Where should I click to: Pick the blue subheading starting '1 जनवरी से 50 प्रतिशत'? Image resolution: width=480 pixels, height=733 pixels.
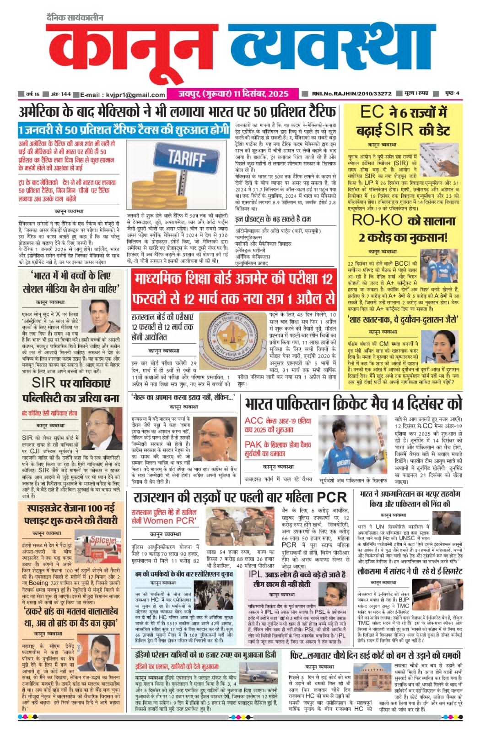tap(124, 130)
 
